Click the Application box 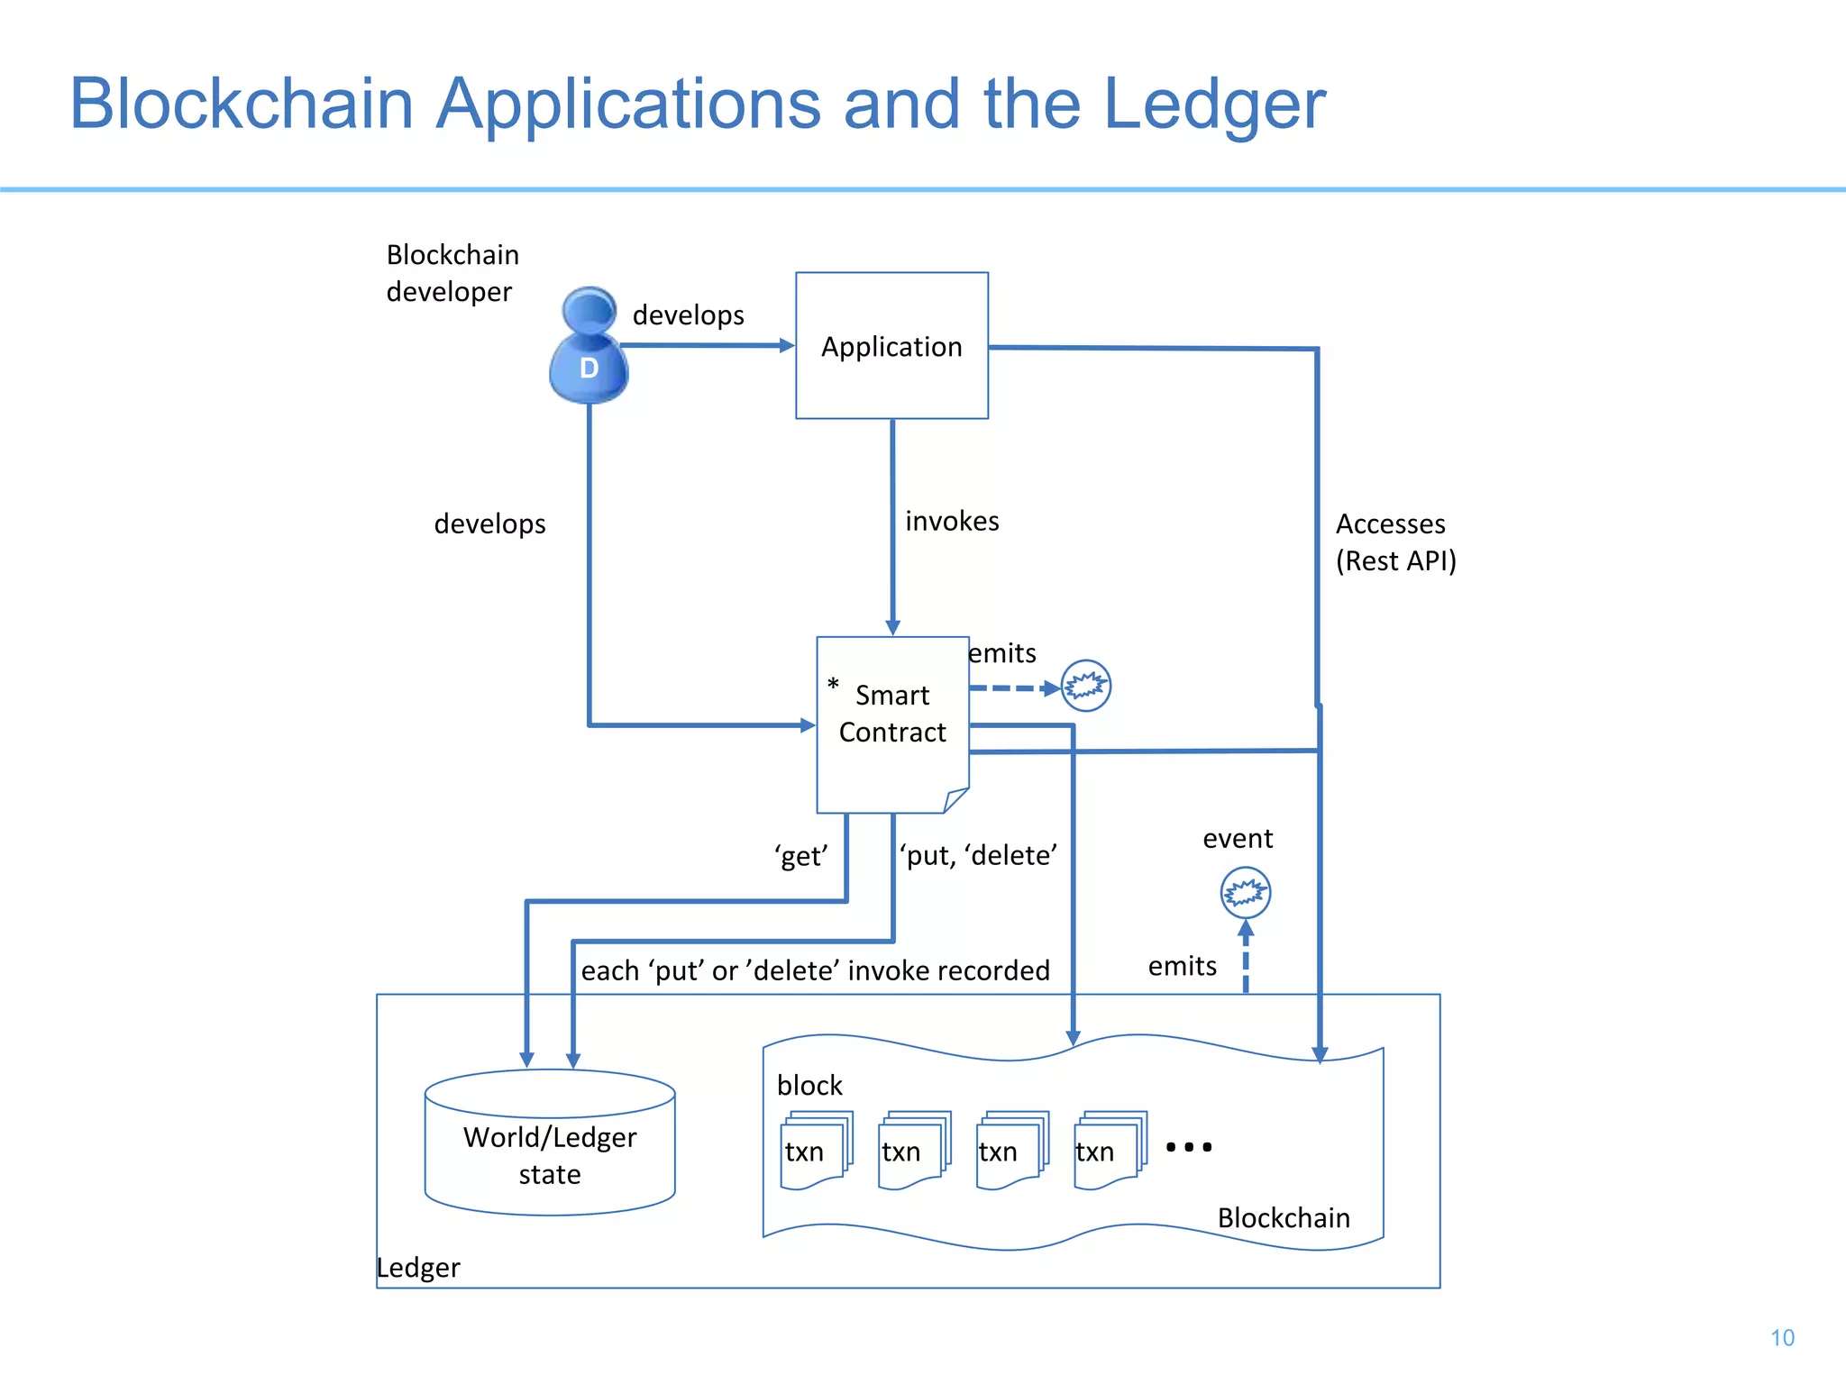pyautogui.click(x=891, y=346)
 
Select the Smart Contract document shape pyautogui.click(x=891, y=721)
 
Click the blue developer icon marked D pyautogui.click(x=589, y=348)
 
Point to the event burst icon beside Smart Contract pyautogui.click(x=1085, y=687)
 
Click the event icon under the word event pyautogui.click(x=1245, y=892)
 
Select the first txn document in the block pyautogui.click(x=814, y=1151)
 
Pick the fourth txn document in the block pyautogui.click(x=1109, y=1151)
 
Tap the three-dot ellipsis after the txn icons pyautogui.click(x=1188, y=1147)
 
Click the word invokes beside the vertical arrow pyautogui.click(x=952, y=521)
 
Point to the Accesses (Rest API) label pyautogui.click(x=1394, y=542)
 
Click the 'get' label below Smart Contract pyautogui.click(x=800, y=855)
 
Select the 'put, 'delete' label pyautogui.click(x=978, y=854)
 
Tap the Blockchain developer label pyautogui.click(x=452, y=273)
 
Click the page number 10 pyautogui.click(x=1781, y=1337)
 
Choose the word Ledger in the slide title pyautogui.click(x=1213, y=105)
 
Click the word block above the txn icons pyautogui.click(x=809, y=1085)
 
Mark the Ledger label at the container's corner pyautogui.click(x=418, y=1268)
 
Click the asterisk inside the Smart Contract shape pyautogui.click(x=833, y=685)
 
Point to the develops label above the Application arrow pyautogui.click(x=688, y=314)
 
